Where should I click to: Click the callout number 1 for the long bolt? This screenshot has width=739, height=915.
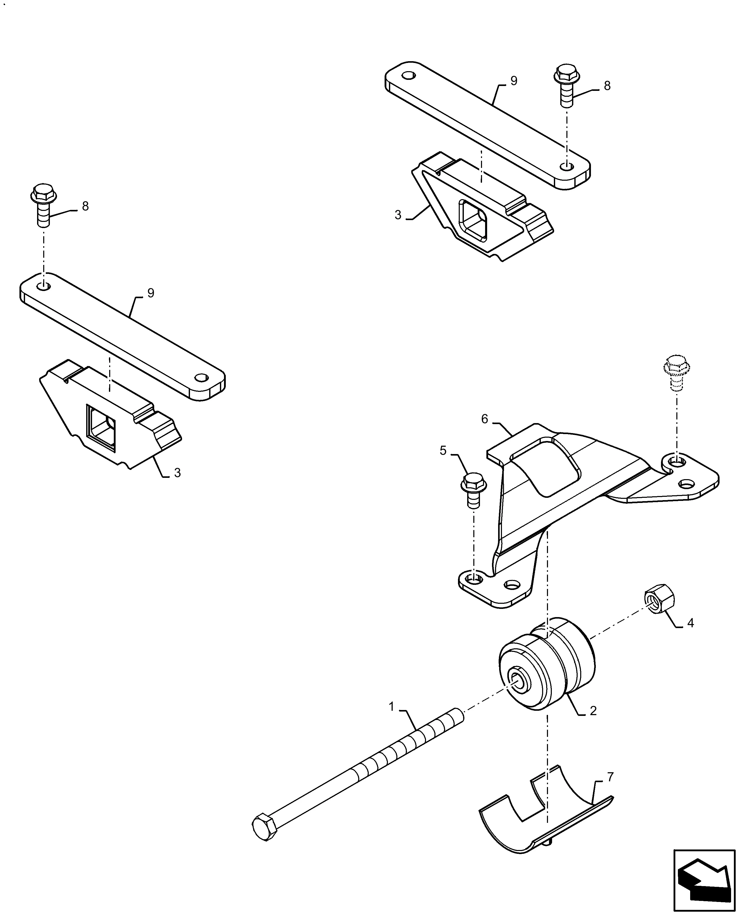click(x=391, y=707)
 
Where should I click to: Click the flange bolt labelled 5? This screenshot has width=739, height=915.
click(x=471, y=490)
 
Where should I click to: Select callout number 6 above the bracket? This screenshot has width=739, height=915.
click(x=484, y=419)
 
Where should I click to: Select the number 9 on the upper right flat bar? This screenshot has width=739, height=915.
click(x=514, y=81)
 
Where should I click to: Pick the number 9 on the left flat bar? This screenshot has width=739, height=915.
click(x=151, y=293)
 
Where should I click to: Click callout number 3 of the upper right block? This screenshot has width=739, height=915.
click(x=398, y=215)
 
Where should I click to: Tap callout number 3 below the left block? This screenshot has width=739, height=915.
click(x=177, y=472)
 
